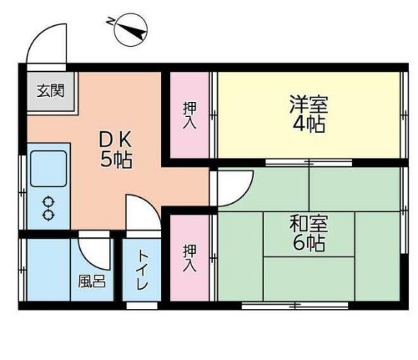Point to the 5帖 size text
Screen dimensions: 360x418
(x=117, y=159)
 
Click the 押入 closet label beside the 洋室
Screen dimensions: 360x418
(x=190, y=114)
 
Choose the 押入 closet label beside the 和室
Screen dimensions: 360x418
(x=189, y=257)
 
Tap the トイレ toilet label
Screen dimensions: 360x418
(x=142, y=271)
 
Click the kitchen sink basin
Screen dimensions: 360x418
(x=48, y=169)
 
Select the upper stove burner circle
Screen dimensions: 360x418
(x=48, y=202)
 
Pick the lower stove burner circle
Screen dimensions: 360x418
(x=48, y=215)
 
